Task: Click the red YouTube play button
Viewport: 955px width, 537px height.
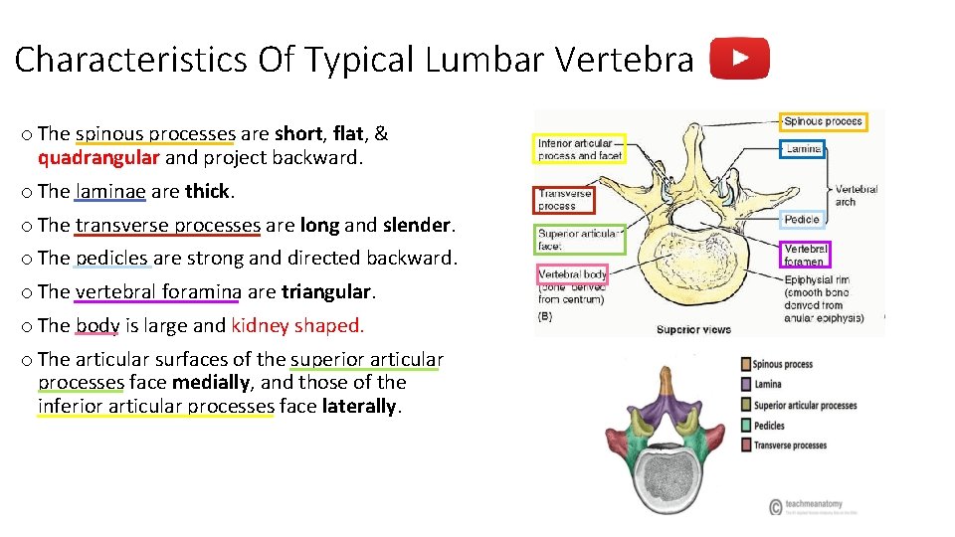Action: pyautogui.click(x=739, y=59)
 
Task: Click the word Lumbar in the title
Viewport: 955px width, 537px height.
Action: pyautogui.click(x=485, y=61)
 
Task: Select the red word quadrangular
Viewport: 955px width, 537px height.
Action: pyautogui.click(x=98, y=158)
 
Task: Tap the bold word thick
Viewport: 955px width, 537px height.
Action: pyautogui.click(x=207, y=191)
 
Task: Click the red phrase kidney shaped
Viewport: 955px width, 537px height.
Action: pyautogui.click(x=297, y=325)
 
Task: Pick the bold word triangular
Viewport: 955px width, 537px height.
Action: pyautogui.click(x=326, y=292)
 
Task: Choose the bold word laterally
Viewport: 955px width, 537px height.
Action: pyautogui.click(x=358, y=407)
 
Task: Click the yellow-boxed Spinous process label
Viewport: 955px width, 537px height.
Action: pyautogui.click(x=823, y=122)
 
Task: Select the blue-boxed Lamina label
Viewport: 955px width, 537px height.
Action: pyautogui.click(x=803, y=149)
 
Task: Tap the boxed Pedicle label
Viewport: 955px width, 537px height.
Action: pyautogui.click(x=802, y=220)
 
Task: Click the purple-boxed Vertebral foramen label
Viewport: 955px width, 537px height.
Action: pyautogui.click(x=804, y=255)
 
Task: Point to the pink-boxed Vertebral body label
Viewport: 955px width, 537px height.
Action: pyautogui.click(x=572, y=274)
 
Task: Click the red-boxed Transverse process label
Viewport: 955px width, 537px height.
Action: pyautogui.click(x=564, y=200)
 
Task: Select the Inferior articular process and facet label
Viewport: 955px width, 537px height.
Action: pyautogui.click(x=579, y=149)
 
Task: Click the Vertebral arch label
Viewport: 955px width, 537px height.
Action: pyautogui.click(x=856, y=195)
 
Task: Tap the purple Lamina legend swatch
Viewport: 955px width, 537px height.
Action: pyautogui.click(x=746, y=385)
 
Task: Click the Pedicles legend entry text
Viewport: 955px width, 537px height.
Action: pyautogui.click(x=769, y=426)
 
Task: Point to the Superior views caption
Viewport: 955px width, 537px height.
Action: pyautogui.click(x=693, y=329)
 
